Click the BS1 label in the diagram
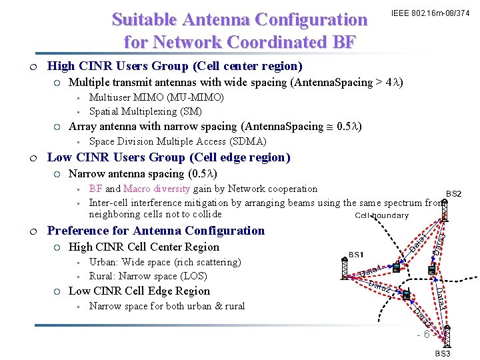pos(356,255)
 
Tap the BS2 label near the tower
pos(453,193)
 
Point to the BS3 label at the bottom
pos(443,353)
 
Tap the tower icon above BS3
pos(447,337)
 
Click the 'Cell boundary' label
pos(381,215)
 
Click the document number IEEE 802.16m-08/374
pos(430,13)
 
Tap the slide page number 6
pos(426,334)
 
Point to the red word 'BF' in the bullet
pos(95,189)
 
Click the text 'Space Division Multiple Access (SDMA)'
pos(177,141)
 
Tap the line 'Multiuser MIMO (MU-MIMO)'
pos(156,97)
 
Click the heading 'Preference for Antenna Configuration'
pos(155,231)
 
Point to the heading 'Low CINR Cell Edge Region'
pos(139,291)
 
